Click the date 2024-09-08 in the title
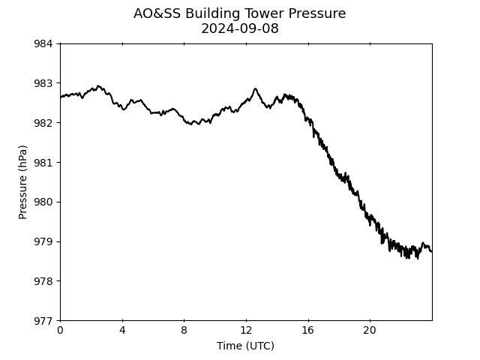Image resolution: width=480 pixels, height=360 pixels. (x=240, y=28)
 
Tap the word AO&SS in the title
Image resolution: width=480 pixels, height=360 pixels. (x=157, y=13)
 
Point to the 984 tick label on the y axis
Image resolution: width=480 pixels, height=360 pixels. (x=43, y=43)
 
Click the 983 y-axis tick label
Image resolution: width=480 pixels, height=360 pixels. (x=43, y=83)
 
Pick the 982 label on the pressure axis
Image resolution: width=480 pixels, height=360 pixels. (x=43, y=123)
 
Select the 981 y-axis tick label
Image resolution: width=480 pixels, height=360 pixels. (x=43, y=162)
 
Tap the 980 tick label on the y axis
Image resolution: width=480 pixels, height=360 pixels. (x=43, y=202)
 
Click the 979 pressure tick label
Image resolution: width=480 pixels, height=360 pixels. (x=43, y=241)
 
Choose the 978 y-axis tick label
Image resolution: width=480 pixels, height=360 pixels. (x=43, y=281)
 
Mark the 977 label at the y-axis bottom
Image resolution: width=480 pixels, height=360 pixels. (x=43, y=320)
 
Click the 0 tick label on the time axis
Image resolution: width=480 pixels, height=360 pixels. (x=60, y=330)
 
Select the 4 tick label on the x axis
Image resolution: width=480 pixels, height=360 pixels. (x=122, y=330)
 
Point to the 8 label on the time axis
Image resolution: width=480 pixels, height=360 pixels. (x=184, y=330)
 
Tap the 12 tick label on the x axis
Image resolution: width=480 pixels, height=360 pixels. (x=246, y=330)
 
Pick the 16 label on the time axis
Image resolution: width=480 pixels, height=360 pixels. (x=308, y=330)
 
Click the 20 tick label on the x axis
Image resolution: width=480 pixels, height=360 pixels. (x=370, y=330)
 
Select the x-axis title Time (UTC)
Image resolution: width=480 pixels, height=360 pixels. (x=245, y=346)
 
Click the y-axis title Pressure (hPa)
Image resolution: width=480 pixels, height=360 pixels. (x=22, y=182)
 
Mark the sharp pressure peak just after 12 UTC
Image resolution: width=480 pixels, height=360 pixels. (x=255, y=88)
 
